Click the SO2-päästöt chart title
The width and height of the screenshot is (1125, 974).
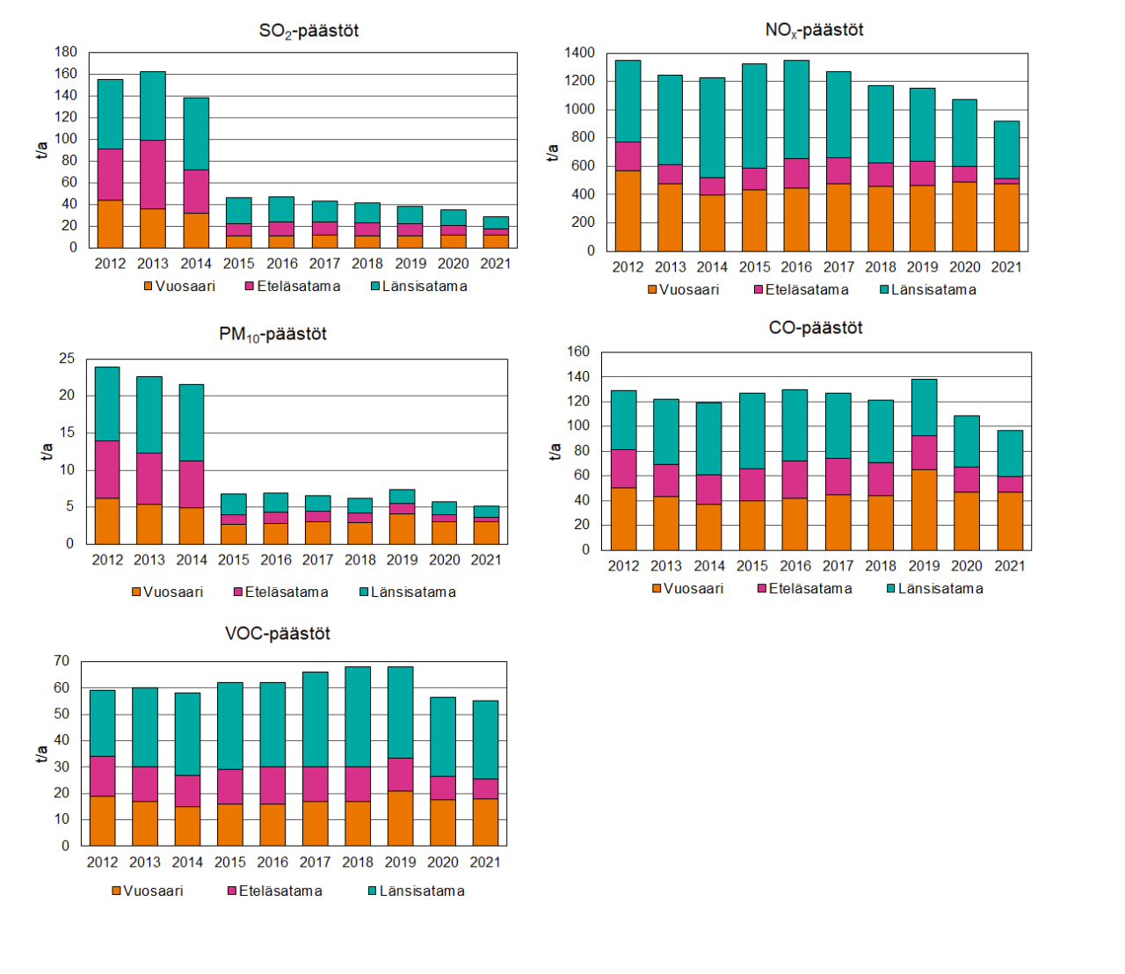(308, 31)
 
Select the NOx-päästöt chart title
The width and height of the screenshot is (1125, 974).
(814, 30)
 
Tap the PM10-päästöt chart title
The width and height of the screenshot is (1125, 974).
(272, 335)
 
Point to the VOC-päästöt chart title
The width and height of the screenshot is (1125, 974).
(278, 634)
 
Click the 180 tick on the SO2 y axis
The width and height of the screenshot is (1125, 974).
(66, 52)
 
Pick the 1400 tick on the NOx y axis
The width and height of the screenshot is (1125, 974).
(579, 53)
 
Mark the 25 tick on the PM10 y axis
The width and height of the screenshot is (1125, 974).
(67, 359)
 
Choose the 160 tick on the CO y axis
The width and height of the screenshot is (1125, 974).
(578, 352)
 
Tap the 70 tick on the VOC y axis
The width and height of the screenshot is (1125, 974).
(62, 661)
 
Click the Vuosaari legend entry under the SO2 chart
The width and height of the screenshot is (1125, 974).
(179, 287)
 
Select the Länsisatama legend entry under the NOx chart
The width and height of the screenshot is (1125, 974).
(927, 290)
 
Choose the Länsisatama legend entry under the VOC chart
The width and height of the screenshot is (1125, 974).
(416, 891)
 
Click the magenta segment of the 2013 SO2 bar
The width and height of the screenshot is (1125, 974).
(153, 174)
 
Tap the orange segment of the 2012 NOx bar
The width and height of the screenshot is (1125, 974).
(628, 211)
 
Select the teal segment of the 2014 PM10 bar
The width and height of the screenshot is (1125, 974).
(192, 422)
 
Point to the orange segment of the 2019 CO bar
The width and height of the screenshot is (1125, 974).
(924, 510)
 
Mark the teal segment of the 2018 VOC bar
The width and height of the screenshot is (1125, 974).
(358, 716)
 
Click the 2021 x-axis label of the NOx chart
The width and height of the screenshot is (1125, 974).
(1006, 267)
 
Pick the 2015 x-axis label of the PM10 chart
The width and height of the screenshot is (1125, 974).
(234, 560)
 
